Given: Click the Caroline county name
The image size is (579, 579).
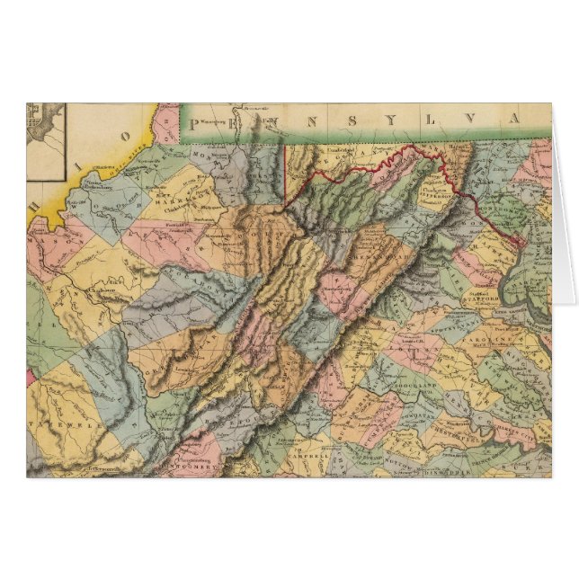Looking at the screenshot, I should click(503, 337).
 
